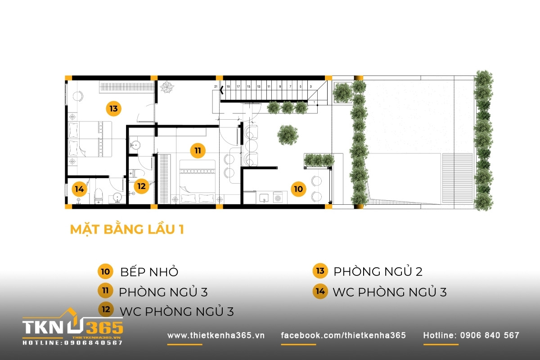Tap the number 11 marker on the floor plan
tap(197, 150)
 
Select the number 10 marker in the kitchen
tap(298, 189)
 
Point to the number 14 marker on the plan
tap(79, 189)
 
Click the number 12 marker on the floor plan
tap(141, 186)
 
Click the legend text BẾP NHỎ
tap(149, 272)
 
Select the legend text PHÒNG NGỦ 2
tap(378, 271)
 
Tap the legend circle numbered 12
tap(105, 310)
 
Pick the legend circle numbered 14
tap(320, 291)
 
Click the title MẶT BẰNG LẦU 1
tap(126, 229)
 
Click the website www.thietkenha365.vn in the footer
tap(216, 336)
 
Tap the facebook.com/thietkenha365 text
tap(343, 336)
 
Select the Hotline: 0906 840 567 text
tap(471, 336)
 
